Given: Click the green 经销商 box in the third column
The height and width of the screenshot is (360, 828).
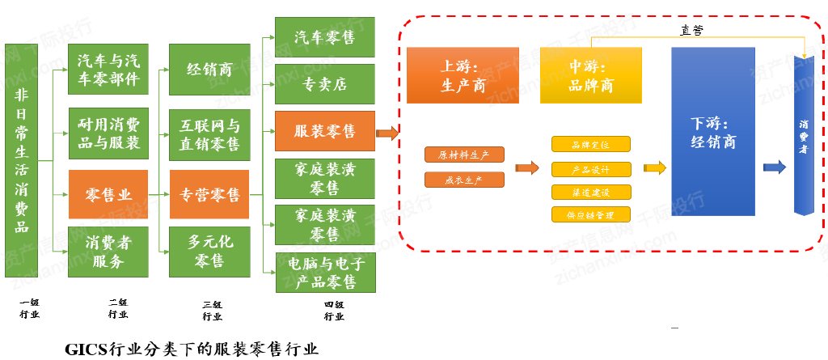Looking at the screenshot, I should point(209,70).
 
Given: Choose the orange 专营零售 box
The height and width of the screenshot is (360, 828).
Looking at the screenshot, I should point(209,194).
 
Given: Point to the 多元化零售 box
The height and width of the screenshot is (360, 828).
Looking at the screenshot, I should point(209,251).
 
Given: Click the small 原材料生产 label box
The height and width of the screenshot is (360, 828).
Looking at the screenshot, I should point(464,154).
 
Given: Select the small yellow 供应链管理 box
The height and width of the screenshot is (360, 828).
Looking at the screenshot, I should point(591,215).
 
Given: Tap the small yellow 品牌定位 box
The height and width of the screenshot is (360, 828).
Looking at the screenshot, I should point(591,145).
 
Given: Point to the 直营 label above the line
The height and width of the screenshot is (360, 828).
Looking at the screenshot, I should point(691,30).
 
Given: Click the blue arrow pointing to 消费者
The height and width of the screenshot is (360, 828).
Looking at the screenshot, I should point(775,167).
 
